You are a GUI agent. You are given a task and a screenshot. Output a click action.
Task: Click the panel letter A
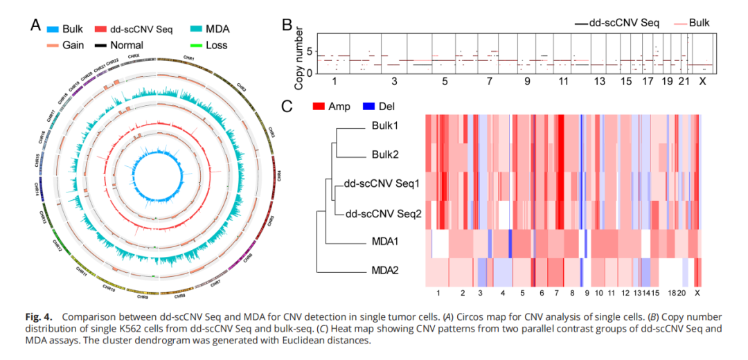[x=36, y=26]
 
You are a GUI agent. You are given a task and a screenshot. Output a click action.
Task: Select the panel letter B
[x=287, y=26]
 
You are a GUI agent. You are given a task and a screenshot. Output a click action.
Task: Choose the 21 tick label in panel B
[x=684, y=82]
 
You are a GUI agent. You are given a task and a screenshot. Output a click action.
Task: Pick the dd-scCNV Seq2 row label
[x=382, y=214]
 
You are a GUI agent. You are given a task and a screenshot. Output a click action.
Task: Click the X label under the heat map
[x=697, y=294]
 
